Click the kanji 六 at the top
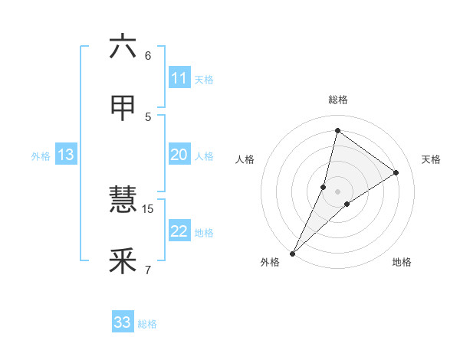pos(123,47)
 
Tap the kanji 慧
pos(123,201)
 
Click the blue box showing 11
pos(179,78)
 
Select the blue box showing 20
pos(179,155)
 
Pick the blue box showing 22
pos(179,231)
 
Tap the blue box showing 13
pos(65,155)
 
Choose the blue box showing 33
pos(122,322)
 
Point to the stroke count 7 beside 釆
pos(148,270)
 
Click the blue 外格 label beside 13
pos(41,156)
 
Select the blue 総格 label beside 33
pos(147,324)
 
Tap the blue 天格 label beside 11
pos(204,80)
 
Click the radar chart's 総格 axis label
pos(337,100)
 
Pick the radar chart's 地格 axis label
pos(402,262)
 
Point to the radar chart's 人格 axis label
pos(245,159)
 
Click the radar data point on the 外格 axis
pos(292,253)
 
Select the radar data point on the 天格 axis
pos(396,172)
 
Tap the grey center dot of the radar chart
pos(337,191)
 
